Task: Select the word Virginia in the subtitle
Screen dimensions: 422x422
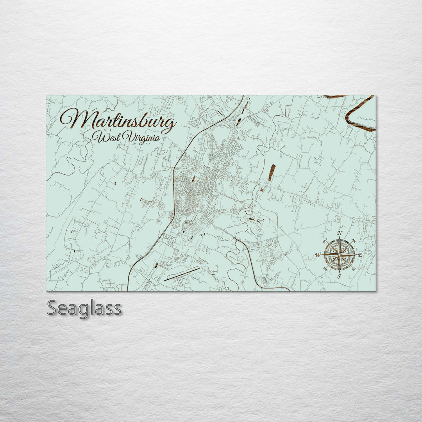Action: click(x=141, y=138)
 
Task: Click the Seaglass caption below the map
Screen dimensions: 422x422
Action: click(x=84, y=309)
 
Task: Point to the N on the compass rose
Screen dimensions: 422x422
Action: click(x=340, y=234)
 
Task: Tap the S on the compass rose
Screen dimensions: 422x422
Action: click(x=339, y=276)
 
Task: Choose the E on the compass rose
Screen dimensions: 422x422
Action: click(x=360, y=255)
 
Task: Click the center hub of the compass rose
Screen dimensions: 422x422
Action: click(x=339, y=255)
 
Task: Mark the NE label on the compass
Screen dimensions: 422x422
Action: click(x=354, y=241)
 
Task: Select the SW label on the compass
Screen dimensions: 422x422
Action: click(x=325, y=269)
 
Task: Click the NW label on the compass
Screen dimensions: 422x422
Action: click(x=325, y=241)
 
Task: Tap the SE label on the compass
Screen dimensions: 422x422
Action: click(x=354, y=269)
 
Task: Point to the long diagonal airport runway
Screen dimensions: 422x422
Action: click(x=182, y=274)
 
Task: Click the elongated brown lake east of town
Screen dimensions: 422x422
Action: click(x=272, y=173)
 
